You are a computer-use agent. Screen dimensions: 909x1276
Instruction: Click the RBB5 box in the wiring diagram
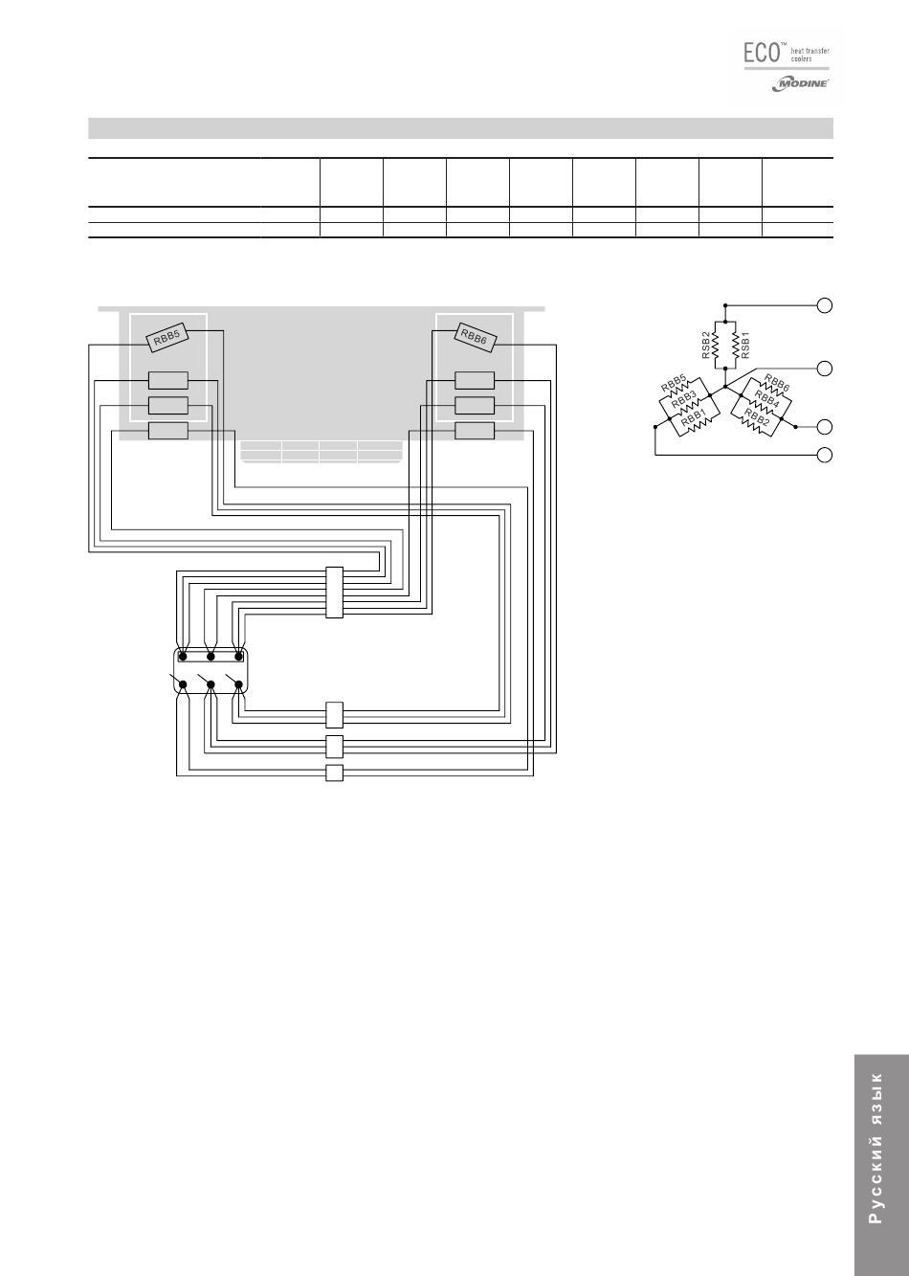[x=167, y=337]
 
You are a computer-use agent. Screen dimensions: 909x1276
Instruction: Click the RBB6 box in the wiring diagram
[x=475, y=336]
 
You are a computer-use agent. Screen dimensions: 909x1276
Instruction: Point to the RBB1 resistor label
[x=694, y=419]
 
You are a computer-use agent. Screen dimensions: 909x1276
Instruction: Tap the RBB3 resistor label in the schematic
[x=682, y=401]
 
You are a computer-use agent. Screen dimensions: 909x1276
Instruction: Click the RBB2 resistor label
[x=757, y=418]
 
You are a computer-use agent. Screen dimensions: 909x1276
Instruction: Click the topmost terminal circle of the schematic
[x=824, y=305]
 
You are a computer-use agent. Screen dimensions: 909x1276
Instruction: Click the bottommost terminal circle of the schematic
[x=824, y=454]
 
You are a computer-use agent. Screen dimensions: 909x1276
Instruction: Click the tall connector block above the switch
[x=334, y=593]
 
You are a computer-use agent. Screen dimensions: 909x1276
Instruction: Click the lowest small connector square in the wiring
[x=334, y=773]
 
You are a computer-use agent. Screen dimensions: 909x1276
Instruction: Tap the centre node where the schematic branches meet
[x=725, y=388]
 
